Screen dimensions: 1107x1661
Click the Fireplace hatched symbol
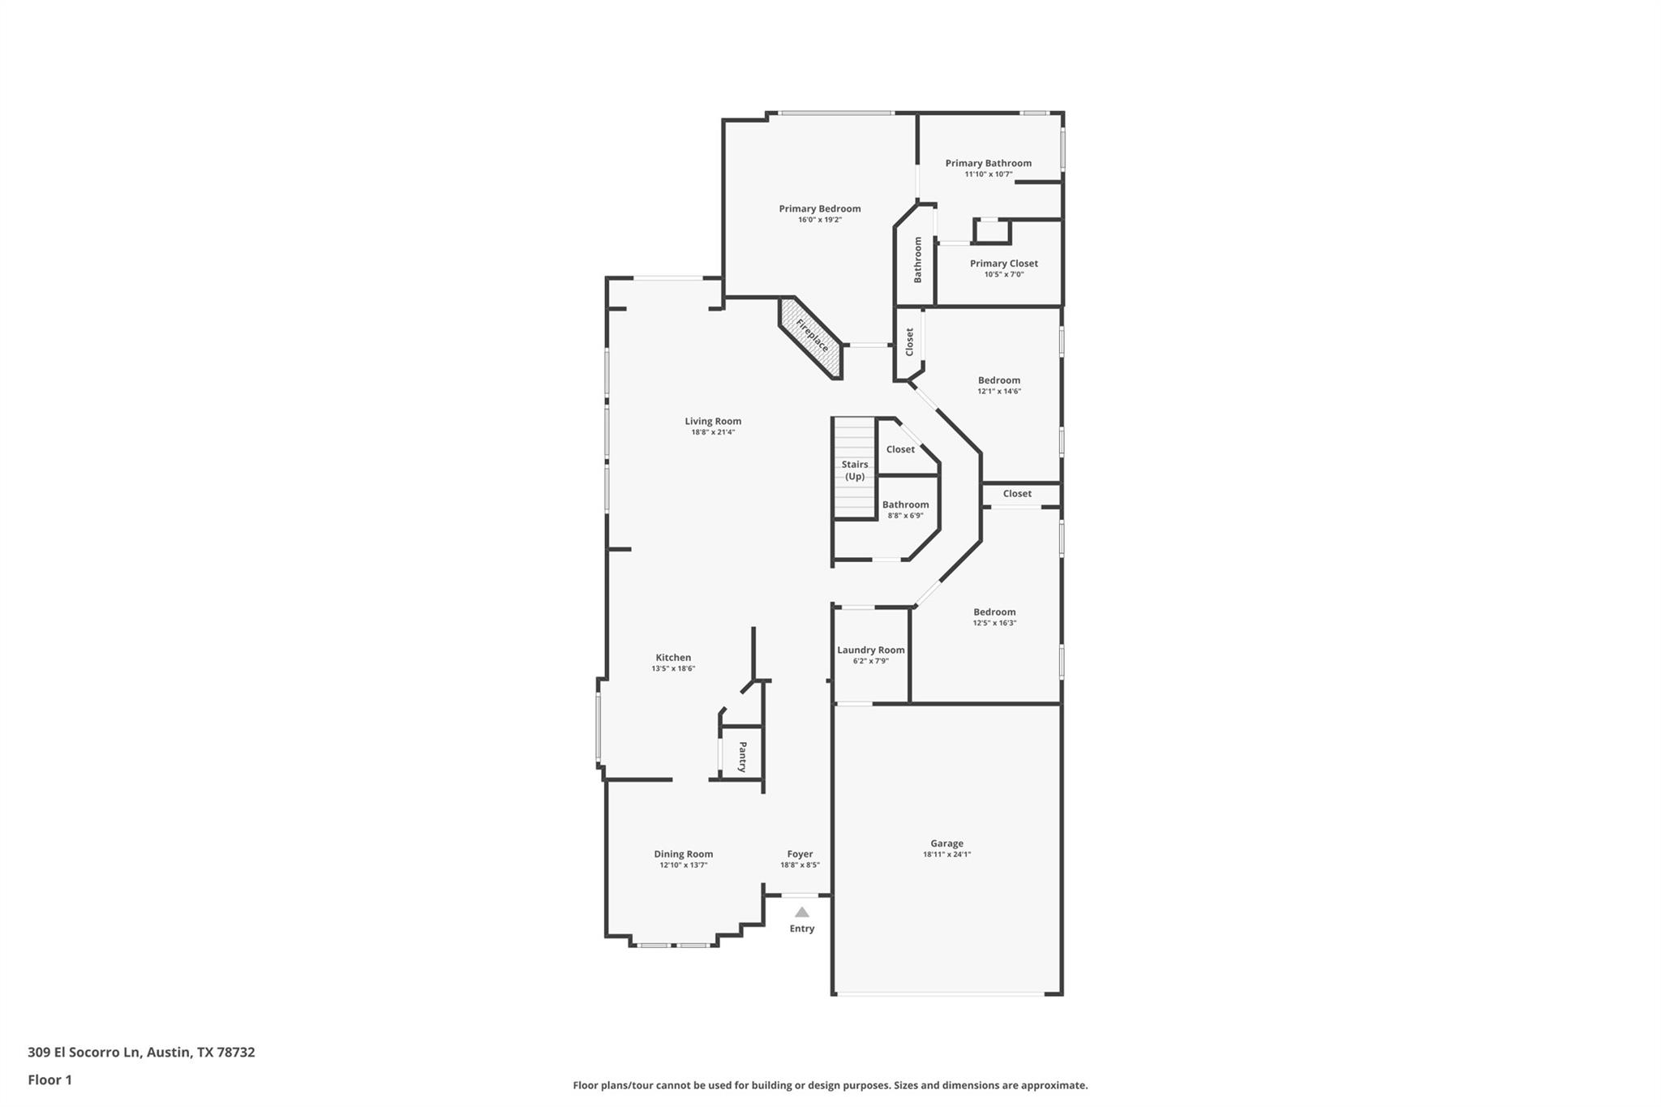coord(811,337)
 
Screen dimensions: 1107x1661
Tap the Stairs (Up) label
coord(854,470)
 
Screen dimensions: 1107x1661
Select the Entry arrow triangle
coord(801,912)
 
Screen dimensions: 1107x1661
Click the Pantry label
coord(741,756)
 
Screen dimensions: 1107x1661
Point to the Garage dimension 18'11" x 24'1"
coord(946,854)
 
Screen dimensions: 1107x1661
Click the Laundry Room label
coord(870,650)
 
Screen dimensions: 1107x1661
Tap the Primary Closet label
coord(1003,263)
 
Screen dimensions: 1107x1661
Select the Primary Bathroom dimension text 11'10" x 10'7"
coord(988,174)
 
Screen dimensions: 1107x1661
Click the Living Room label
coord(713,421)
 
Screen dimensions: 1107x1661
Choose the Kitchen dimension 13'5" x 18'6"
coord(673,669)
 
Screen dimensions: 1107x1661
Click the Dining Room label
coord(683,853)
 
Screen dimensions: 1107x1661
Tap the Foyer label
coord(800,853)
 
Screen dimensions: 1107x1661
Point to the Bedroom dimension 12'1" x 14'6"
coord(998,391)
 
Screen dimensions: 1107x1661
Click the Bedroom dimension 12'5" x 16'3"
coord(994,623)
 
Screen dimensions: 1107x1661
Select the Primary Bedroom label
coord(819,208)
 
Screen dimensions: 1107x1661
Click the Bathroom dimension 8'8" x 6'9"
coord(905,516)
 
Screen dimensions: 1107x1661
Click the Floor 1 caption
coord(49,1079)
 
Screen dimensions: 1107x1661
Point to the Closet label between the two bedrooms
coord(1016,493)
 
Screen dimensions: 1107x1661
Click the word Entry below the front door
coord(801,929)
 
